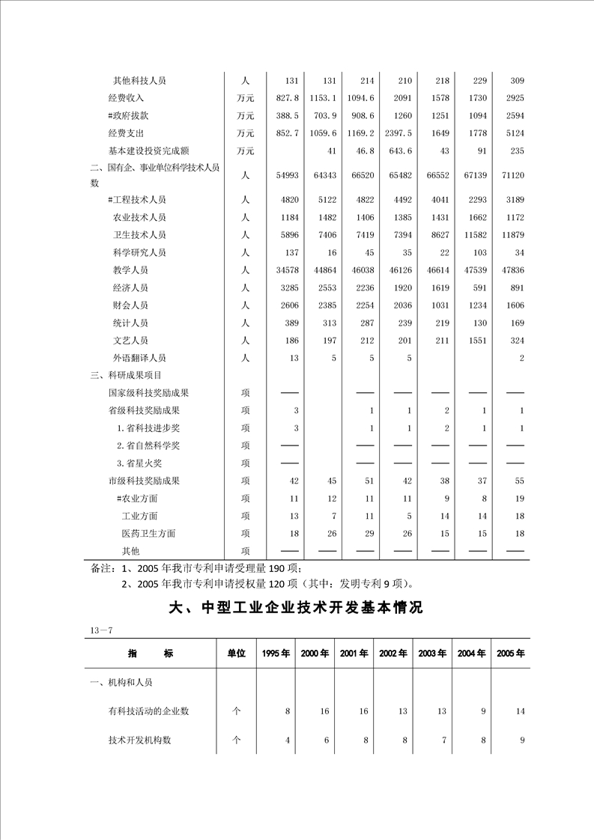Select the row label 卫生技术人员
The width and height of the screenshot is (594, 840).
tap(139, 235)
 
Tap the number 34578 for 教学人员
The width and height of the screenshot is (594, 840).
tap(286, 270)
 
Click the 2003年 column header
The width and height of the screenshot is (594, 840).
tap(432, 654)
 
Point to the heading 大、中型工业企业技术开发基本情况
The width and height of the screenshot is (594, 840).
tap(297, 608)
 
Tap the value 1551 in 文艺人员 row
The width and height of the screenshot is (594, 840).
tap(475, 341)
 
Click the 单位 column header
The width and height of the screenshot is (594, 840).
tap(236, 654)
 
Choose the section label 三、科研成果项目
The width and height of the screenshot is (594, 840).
tap(125, 375)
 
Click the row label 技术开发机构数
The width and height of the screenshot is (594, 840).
tap(139, 740)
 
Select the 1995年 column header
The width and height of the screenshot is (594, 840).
tap(276, 654)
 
